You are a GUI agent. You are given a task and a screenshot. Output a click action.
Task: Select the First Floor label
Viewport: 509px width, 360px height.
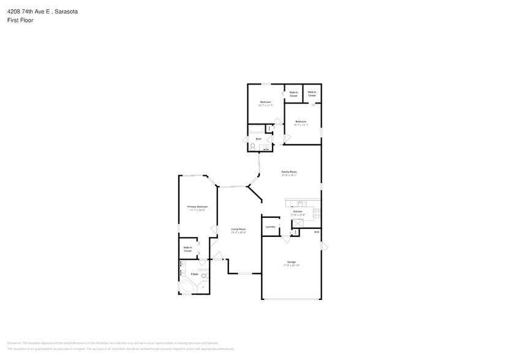tap(20, 20)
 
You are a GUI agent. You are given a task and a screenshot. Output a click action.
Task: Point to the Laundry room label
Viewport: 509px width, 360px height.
tap(270, 227)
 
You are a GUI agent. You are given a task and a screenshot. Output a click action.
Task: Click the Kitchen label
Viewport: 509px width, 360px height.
tap(298, 212)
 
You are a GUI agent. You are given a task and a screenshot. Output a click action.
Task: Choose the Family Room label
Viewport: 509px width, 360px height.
tap(289, 173)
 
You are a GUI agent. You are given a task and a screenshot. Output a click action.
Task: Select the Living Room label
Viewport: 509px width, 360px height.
tap(238, 230)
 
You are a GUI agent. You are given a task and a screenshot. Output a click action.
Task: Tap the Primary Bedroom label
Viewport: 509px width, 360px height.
tap(197, 207)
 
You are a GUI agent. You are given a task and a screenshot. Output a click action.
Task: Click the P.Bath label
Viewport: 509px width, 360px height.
tap(194, 274)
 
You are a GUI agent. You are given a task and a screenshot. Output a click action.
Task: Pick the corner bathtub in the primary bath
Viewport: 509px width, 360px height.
tap(186, 287)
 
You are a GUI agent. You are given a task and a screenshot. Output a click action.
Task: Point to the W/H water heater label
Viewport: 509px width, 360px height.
tap(316, 232)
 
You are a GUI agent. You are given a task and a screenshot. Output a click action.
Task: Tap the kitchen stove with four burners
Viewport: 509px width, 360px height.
tap(317, 213)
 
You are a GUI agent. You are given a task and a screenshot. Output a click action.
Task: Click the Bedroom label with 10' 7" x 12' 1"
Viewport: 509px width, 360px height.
tap(301, 122)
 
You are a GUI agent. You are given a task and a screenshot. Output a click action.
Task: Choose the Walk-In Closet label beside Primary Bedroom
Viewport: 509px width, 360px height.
tap(187, 249)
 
